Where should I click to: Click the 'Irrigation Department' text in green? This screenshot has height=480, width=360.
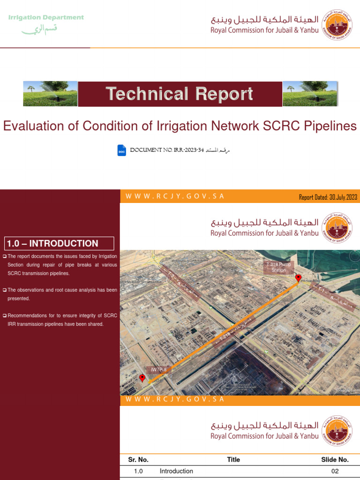[46, 18]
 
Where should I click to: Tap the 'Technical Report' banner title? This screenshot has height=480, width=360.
[180, 94]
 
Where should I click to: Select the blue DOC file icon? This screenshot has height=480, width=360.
[122, 150]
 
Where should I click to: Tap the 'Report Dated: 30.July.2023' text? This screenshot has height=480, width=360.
[328, 197]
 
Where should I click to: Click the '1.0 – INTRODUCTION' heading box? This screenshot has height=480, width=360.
[59, 243]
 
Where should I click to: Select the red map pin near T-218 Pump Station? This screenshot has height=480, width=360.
[298, 277]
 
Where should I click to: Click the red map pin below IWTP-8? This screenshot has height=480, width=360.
[142, 377]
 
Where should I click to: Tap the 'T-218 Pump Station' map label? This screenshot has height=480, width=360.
[278, 267]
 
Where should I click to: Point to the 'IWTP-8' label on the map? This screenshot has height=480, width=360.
[158, 370]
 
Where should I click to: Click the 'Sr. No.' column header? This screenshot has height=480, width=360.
[138, 460]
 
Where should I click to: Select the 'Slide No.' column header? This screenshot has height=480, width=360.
[335, 460]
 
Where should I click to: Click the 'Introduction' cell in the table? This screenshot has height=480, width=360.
[176, 471]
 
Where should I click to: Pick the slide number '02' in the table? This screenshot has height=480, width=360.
[335, 471]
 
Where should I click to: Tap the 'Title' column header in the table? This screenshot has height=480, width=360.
[233, 460]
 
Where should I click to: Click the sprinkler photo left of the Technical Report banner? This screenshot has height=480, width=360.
[50, 94]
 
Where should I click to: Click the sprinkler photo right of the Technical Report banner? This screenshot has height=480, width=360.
[309, 94]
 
